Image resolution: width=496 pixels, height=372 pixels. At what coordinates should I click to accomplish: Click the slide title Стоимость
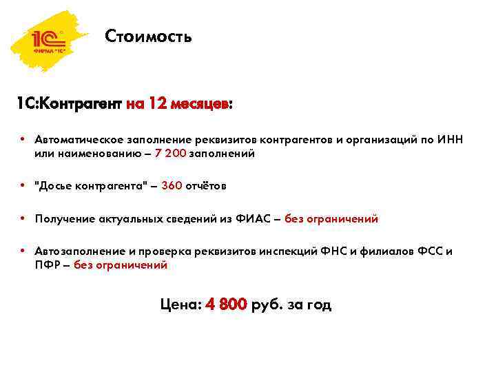(149, 36)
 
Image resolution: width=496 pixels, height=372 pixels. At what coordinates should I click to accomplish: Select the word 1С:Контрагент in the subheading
(70, 104)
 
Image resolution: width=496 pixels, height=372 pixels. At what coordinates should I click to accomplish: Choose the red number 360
(172, 186)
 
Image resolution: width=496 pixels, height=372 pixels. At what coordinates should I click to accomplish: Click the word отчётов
(206, 186)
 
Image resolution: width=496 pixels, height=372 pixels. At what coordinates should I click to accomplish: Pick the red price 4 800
(226, 304)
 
